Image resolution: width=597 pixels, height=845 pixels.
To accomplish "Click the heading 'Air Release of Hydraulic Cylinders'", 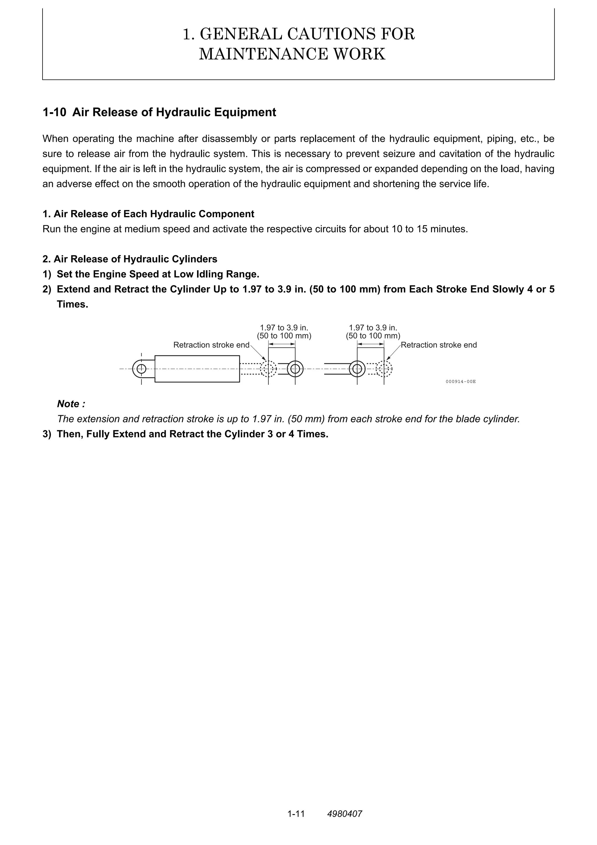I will [135, 259].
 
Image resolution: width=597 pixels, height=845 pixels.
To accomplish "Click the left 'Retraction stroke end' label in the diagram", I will [211, 345].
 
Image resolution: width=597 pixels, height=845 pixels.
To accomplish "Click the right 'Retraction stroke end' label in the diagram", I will [438, 345].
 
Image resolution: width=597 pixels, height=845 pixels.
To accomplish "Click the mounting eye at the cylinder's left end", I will [141, 368].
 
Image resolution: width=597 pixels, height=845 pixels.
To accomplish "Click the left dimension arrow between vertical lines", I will [282, 344].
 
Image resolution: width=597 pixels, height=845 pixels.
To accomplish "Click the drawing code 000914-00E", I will [461, 382].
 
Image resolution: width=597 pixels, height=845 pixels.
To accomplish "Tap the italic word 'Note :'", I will [71, 404].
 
